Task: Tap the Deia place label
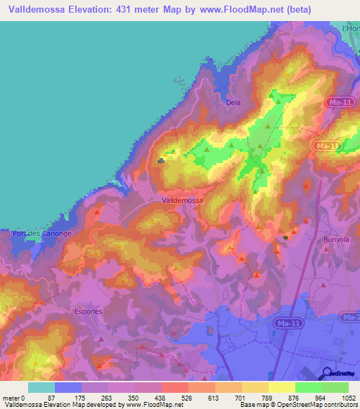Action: pos(233,102)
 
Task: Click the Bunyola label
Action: pos(335,240)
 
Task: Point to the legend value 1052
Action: pos(349,398)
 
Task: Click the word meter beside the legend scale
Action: pos(12,398)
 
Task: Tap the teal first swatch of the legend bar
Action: pos(41,387)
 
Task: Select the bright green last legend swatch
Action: pos(335,387)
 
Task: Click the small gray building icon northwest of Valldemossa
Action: pos(161,160)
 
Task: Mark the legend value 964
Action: pos(321,398)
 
